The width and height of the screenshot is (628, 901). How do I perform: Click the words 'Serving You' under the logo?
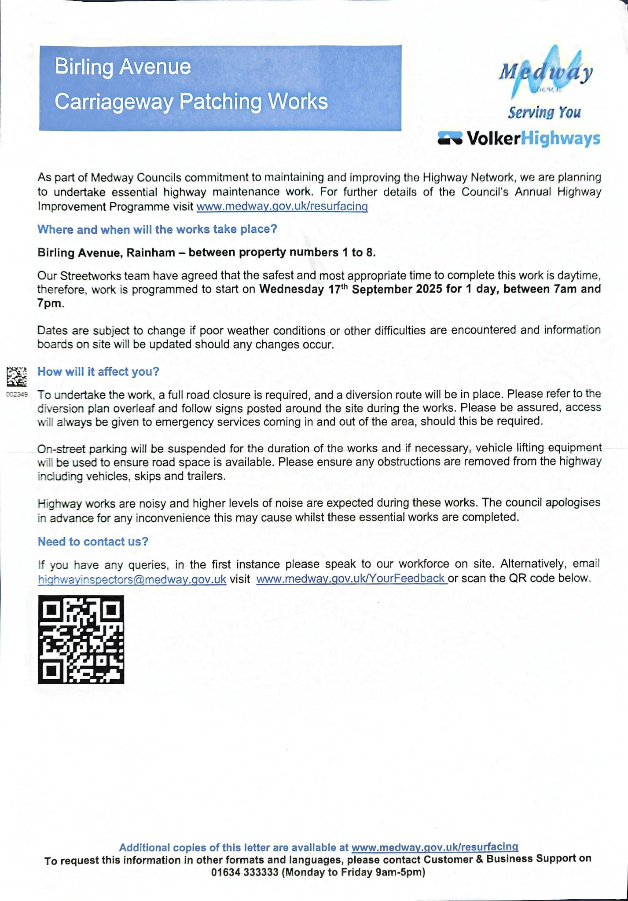pyautogui.click(x=544, y=113)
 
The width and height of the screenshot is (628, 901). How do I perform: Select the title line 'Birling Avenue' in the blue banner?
pyautogui.click(x=123, y=67)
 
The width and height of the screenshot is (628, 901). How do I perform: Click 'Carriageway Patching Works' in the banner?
pyautogui.click(x=191, y=102)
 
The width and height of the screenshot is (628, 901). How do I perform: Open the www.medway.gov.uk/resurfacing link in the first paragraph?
pyautogui.click(x=282, y=206)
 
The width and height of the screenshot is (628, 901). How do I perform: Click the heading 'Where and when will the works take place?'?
pyautogui.click(x=157, y=229)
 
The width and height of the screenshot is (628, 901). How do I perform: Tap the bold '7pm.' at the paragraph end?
pyautogui.click(x=51, y=304)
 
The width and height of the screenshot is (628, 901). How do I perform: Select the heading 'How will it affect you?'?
pyautogui.click(x=98, y=372)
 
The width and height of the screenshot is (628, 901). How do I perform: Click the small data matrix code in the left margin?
pyautogui.click(x=17, y=377)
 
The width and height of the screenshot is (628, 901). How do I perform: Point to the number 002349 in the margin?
pyautogui.click(x=17, y=394)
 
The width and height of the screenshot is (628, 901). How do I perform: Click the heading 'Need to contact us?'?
pyautogui.click(x=93, y=542)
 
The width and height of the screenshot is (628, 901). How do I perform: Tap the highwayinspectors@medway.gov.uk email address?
pyautogui.click(x=132, y=579)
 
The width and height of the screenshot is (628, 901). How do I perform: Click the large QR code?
pyautogui.click(x=81, y=639)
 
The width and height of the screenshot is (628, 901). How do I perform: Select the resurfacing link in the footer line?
pyautogui.click(x=435, y=847)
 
